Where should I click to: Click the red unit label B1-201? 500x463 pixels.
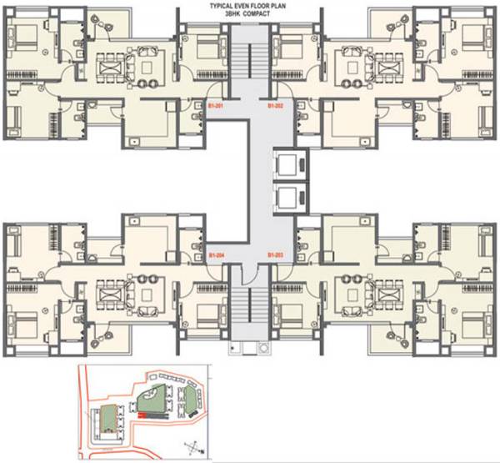pyautogui.click(x=216, y=107)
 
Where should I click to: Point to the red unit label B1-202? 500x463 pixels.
pyautogui.click(x=276, y=107)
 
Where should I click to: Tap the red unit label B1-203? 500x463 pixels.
pyautogui.click(x=276, y=253)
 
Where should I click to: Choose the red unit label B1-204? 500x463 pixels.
pyautogui.click(x=217, y=253)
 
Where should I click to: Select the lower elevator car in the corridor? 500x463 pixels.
pyautogui.click(x=287, y=198)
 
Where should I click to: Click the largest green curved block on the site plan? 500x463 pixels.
pyautogui.click(x=153, y=400)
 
